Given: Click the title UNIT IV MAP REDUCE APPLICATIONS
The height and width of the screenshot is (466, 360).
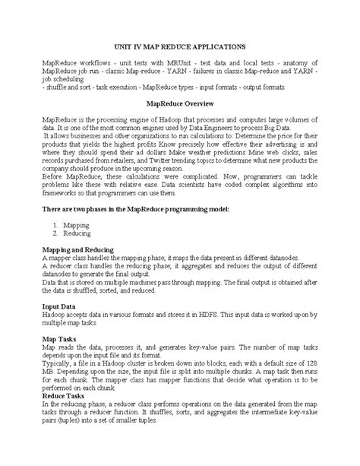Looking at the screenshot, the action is point(179,46).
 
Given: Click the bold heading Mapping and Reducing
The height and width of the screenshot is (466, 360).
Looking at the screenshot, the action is point(78,249).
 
